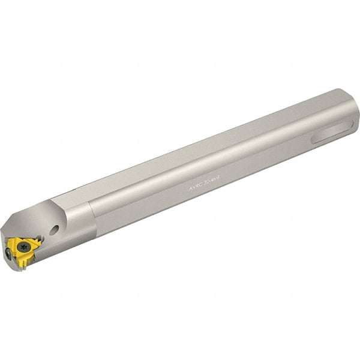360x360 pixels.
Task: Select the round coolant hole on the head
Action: pos(55,229)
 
